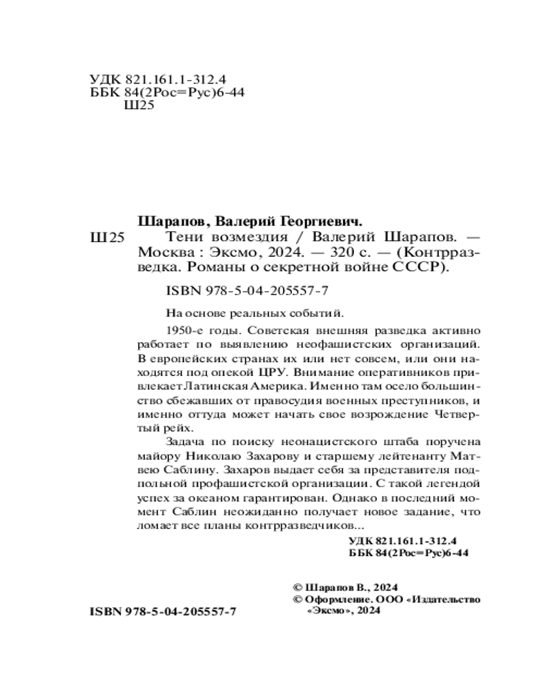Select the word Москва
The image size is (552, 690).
(162, 252)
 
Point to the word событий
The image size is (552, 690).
(319, 312)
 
